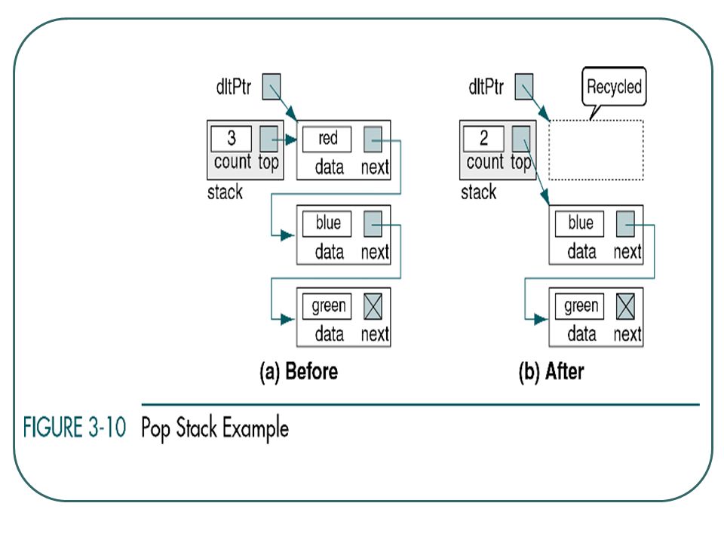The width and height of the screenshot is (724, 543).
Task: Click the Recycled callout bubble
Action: pyautogui.click(x=614, y=87)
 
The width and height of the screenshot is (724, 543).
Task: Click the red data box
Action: pyautogui.click(x=327, y=139)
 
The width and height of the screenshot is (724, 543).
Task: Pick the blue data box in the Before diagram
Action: pyautogui.click(x=327, y=223)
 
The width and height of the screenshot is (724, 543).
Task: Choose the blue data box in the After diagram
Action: pyautogui.click(x=579, y=223)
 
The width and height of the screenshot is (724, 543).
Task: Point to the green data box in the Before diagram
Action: pyautogui.click(x=327, y=306)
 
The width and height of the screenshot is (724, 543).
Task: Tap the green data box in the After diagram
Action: pyautogui.click(x=579, y=306)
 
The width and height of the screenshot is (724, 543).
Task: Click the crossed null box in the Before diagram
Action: pyautogui.click(x=373, y=306)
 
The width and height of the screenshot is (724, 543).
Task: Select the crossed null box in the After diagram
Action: pyautogui.click(x=626, y=306)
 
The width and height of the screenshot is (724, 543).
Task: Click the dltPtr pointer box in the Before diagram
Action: pyautogui.click(x=271, y=86)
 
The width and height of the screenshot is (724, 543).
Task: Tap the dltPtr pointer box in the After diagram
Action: pyautogui.click(x=524, y=86)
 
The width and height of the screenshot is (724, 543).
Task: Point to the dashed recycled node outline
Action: pyautogui.click(x=596, y=121)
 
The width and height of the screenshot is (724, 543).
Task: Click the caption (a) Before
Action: pyautogui.click(x=299, y=372)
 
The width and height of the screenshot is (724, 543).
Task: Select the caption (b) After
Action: pyautogui.click(x=551, y=372)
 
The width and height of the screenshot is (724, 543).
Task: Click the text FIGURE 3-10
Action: pyautogui.click(x=75, y=427)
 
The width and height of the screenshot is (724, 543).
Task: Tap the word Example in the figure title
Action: pyautogui.click(x=256, y=428)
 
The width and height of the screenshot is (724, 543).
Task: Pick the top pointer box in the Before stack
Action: pyautogui.click(x=268, y=139)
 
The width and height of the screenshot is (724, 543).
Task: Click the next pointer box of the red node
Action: pyautogui.click(x=373, y=139)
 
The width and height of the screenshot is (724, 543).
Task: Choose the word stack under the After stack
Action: pyautogui.click(x=478, y=192)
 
